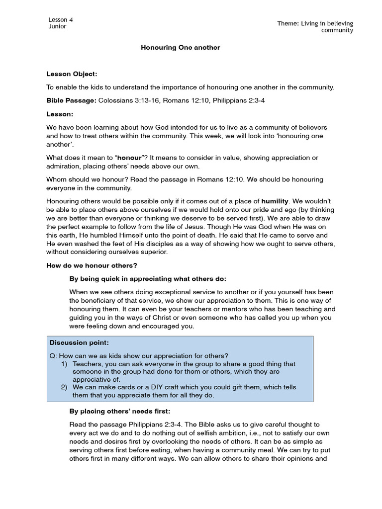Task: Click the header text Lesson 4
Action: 61,19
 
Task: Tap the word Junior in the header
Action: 57,26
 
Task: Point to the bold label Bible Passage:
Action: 71,100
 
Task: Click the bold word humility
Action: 275,201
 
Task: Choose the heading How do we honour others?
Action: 92,265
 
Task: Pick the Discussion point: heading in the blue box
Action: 79,343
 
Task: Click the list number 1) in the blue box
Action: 64,364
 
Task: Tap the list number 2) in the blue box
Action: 64,387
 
